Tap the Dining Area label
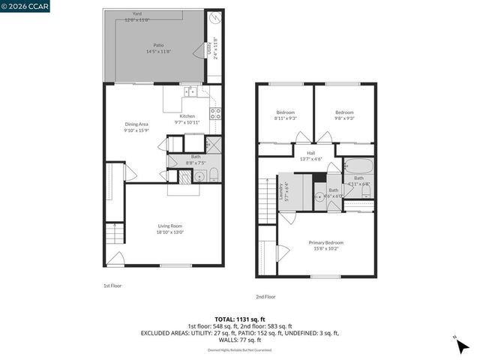coord(136,124)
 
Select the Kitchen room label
coord(187,116)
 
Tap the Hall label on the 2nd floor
coord(310,153)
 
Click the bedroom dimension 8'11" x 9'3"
coord(285,118)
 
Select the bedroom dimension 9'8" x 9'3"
coord(344,118)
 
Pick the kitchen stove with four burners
coord(214,114)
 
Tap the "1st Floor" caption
coord(112,286)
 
